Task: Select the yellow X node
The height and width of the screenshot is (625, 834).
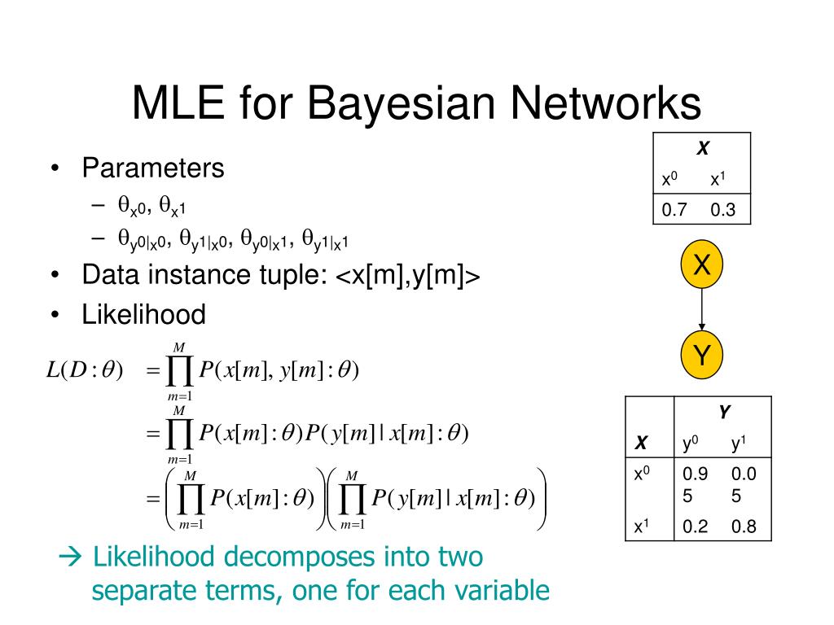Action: [701, 265]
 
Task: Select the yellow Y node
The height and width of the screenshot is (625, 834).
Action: [701, 355]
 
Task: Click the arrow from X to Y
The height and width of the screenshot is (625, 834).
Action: [701, 309]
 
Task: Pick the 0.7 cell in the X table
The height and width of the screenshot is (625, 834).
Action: [674, 210]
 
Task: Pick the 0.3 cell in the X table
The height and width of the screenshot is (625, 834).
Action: [722, 210]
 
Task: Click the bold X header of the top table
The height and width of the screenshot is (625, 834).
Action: [701, 149]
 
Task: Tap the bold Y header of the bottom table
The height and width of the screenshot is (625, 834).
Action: [723, 413]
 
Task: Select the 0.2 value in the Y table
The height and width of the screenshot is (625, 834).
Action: [695, 527]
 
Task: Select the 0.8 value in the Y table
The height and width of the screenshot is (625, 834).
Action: [744, 527]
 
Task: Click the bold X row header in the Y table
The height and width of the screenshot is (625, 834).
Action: [642, 444]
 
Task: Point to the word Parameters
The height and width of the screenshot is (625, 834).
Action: [152, 168]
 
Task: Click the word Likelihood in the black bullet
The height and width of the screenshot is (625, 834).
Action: [143, 313]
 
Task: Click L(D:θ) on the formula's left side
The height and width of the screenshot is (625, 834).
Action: [85, 371]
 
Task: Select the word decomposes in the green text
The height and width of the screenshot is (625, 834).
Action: [301, 557]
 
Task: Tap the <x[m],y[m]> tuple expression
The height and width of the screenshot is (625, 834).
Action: [407, 276]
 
